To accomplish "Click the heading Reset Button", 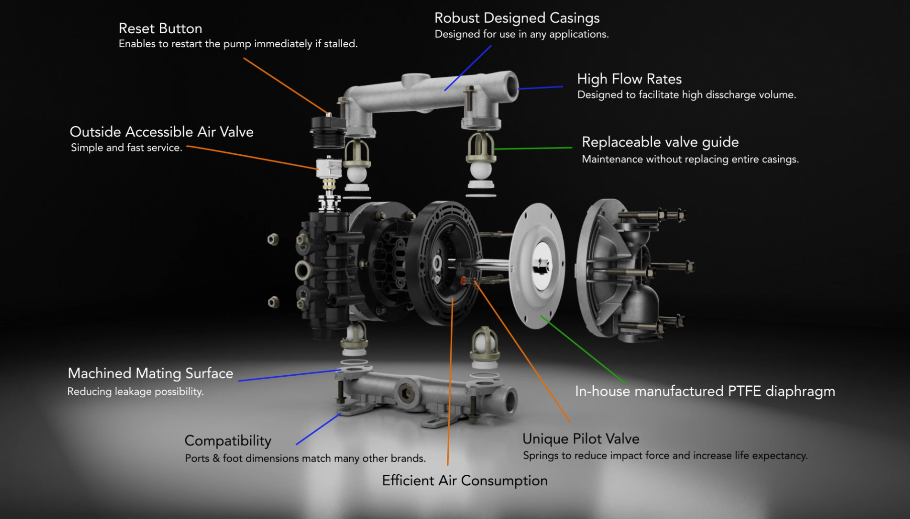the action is (x=160, y=29).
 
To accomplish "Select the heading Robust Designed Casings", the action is (x=517, y=18).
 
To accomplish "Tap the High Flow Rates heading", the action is (x=629, y=79).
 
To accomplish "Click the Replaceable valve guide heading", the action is (x=660, y=142).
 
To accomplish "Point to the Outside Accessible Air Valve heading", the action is (x=161, y=132).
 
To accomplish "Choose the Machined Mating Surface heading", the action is (x=150, y=373).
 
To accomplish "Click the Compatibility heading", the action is (x=228, y=441).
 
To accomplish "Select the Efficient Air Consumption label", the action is (x=465, y=481).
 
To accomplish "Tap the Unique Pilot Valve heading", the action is (x=581, y=439).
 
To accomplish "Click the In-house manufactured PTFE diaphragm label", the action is (x=705, y=391).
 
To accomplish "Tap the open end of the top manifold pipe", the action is (x=512, y=86).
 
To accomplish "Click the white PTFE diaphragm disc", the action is (x=537, y=266).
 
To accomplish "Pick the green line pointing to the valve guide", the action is (x=533, y=148).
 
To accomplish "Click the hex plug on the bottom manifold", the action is (x=406, y=394).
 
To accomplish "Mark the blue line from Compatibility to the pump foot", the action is (x=319, y=429).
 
